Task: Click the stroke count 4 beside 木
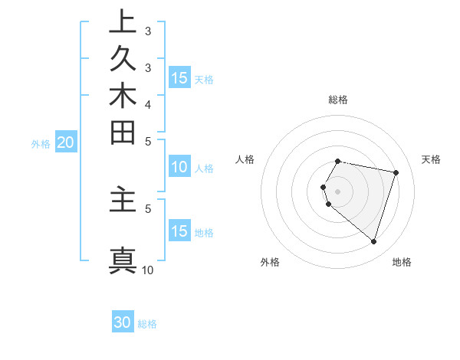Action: pyautogui.click(x=148, y=104)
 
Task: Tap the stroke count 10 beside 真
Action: pyautogui.click(x=148, y=270)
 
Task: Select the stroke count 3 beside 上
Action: pyautogui.click(x=148, y=32)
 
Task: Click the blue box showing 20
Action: pyautogui.click(x=65, y=142)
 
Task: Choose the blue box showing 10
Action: pyautogui.click(x=179, y=168)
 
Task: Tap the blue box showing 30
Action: pyautogui.click(x=123, y=323)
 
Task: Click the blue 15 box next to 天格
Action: pyautogui.click(x=179, y=78)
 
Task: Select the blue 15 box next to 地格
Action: pyautogui.click(x=179, y=231)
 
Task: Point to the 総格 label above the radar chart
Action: pyautogui.click(x=338, y=100)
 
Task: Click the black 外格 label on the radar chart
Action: pyautogui.click(x=270, y=262)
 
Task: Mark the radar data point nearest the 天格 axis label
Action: pyautogui.click(x=396, y=172)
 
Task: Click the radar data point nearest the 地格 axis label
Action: pyautogui.click(x=373, y=242)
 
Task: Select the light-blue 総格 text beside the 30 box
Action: pyautogui.click(x=147, y=324)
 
